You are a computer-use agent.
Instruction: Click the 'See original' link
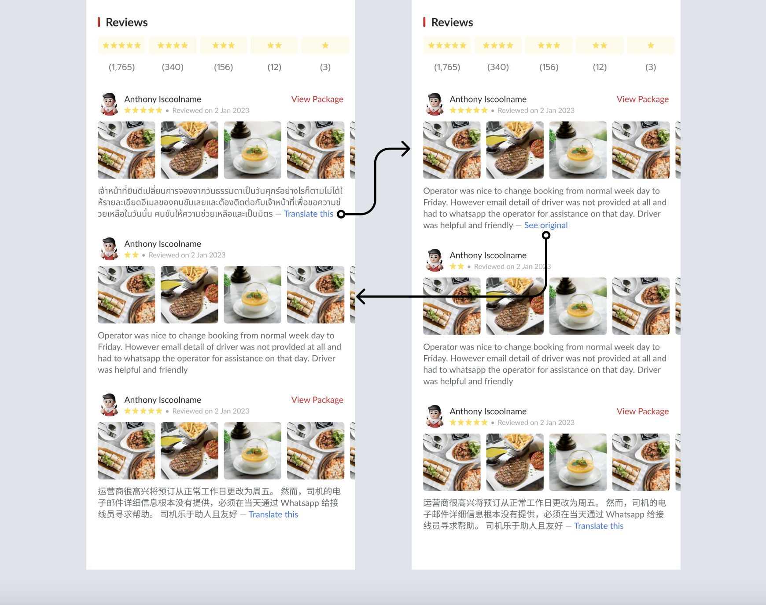tap(545, 225)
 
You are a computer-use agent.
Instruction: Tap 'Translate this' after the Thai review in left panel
tap(308, 214)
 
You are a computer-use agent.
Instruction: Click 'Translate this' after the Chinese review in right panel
tap(599, 526)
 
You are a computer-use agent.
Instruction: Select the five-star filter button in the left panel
tap(122, 45)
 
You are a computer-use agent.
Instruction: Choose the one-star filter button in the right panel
tap(650, 45)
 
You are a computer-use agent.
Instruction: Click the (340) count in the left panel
tap(173, 67)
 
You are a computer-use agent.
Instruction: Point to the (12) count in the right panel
tap(600, 67)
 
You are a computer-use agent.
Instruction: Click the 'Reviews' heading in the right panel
tap(452, 22)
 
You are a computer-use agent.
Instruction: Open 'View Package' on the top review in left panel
tap(317, 99)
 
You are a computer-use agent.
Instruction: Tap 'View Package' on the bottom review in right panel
tap(642, 411)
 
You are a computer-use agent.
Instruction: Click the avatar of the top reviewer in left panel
tap(109, 104)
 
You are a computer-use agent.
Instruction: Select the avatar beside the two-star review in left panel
tap(109, 248)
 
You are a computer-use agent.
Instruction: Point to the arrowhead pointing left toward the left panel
tap(361, 296)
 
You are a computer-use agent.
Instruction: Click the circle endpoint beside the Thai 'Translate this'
tap(341, 214)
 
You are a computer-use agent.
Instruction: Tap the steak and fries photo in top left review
tap(189, 150)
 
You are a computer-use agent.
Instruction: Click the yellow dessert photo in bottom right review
tap(578, 462)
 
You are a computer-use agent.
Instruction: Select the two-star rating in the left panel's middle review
tap(131, 255)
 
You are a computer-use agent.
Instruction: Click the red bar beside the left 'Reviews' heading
tap(99, 22)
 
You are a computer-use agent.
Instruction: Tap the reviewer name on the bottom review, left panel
tap(162, 400)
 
